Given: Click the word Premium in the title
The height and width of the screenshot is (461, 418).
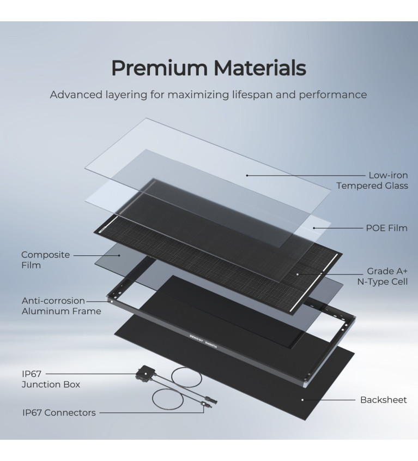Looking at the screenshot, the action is [x=159, y=68].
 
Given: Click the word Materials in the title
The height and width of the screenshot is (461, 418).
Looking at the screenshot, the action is [x=260, y=68].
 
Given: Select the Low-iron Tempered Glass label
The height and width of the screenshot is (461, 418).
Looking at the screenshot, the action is [x=372, y=181].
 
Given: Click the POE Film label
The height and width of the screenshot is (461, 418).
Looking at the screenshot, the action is [x=386, y=228].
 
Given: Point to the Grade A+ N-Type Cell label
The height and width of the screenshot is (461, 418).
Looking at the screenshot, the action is [x=383, y=277].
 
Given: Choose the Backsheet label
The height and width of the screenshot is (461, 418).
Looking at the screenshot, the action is [x=383, y=400].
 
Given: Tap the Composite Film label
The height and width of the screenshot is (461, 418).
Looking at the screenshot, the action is [x=46, y=260].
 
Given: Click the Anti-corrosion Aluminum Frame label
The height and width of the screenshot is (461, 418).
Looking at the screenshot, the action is [x=62, y=306].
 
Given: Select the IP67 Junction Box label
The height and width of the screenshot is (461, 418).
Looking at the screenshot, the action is [x=51, y=379].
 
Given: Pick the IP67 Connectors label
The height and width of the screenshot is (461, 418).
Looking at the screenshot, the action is [x=59, y=413].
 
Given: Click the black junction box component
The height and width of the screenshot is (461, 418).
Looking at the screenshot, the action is [x=145, y=373].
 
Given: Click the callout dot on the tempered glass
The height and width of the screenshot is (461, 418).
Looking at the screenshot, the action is [x=247, y=176].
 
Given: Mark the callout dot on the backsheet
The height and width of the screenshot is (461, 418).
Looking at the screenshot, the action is [x=302, y=400].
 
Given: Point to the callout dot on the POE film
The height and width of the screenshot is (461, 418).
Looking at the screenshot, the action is [x=314, y=228].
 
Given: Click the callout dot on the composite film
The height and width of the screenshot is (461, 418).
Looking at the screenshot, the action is [x=119, y=255].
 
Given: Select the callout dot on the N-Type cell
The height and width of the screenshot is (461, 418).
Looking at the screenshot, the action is [x=297, y=274].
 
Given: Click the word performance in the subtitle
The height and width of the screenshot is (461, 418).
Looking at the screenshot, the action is [x=333, y=95].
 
